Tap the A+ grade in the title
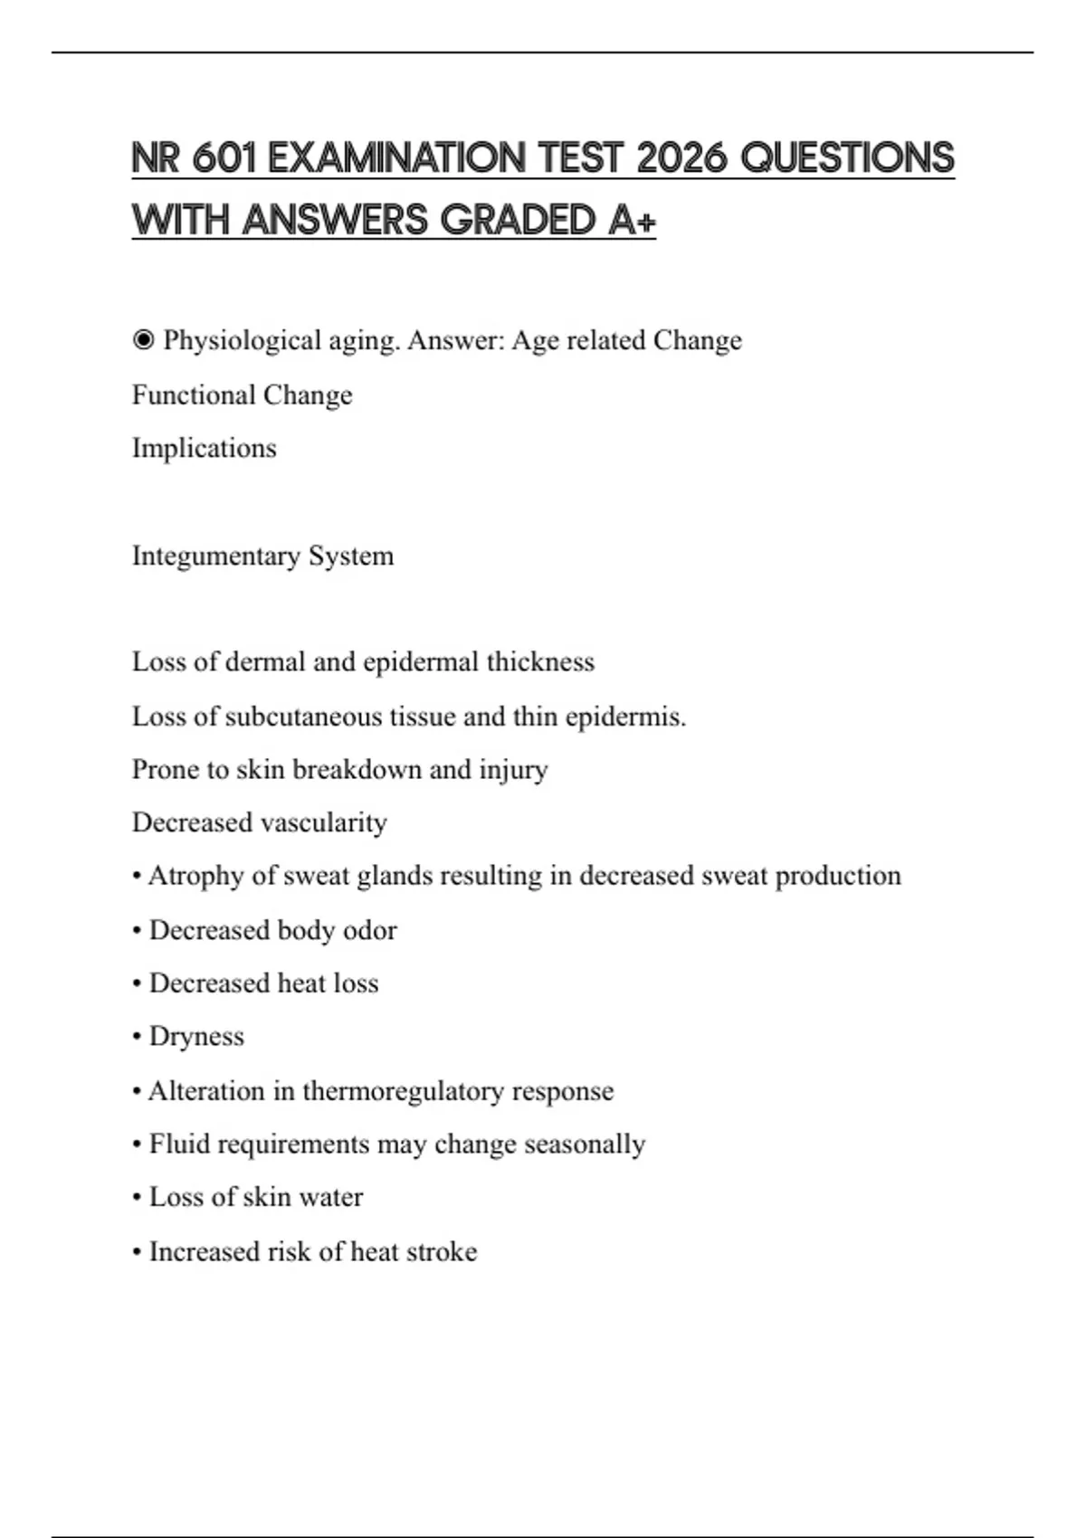[631, 220]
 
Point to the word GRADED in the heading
[517, 220]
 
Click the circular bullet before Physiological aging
[143, 341]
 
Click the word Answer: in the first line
[456, 341]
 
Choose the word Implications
[205, 449]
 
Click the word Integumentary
[216, 555]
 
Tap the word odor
[369, 930]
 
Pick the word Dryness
[196, 1037]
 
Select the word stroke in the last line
[442, 1252]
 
